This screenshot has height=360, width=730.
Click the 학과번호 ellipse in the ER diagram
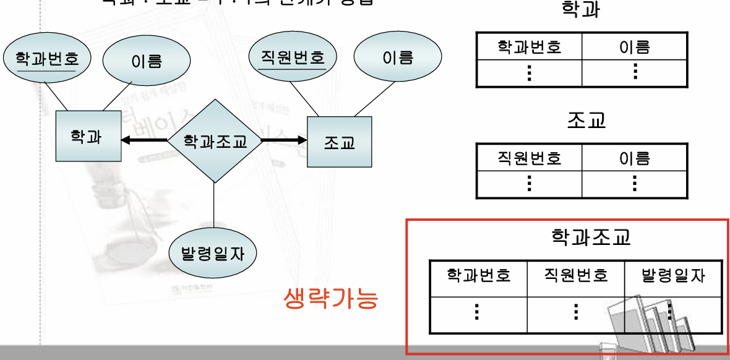coord(46,59)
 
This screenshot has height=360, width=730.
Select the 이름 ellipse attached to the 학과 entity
coord(146,61)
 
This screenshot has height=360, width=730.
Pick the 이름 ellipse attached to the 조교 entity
coord(397,58)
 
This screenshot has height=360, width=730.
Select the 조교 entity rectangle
coord(340,142)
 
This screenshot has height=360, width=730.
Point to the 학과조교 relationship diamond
coord(215,141)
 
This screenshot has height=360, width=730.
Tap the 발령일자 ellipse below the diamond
coord(213,254)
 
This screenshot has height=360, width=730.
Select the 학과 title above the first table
coord(581,10)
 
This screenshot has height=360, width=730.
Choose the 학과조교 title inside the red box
coord(591,237)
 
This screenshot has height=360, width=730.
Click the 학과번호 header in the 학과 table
coord(529,47)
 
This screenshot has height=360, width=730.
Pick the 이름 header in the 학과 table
coord(634,47)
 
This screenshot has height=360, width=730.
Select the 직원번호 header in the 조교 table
coord(529,158)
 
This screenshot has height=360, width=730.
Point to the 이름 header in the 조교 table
coord(634,158)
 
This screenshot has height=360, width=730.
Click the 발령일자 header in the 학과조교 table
coord(673,275)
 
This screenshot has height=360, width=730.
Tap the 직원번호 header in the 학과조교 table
coord(575,275)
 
